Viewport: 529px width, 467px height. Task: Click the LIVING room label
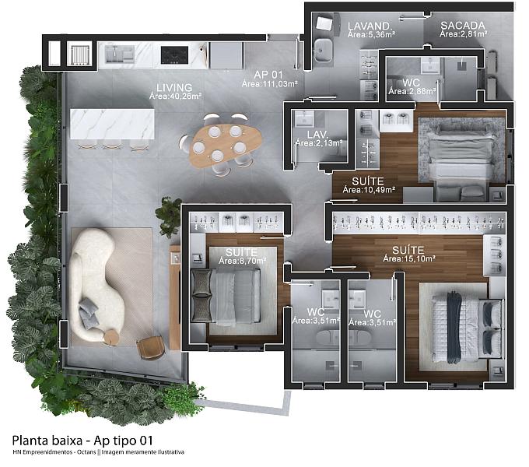tap(174, 87)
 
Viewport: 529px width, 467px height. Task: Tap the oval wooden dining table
tap(225, 145)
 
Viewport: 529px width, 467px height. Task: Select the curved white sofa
tap(94, 284)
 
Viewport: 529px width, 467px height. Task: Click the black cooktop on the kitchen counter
tap(174, 55)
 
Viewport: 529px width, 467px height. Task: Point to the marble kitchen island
tap(112, 124)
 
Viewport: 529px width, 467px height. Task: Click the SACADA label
tap(463, 26)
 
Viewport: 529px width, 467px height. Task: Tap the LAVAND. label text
tap(370, 26)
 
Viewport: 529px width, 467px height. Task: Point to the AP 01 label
tap(268, 75)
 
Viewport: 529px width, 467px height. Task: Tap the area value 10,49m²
tap(379, 190)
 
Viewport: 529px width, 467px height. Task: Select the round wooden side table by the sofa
tap(111, 337)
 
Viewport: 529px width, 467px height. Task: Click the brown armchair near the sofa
tap(151, 348)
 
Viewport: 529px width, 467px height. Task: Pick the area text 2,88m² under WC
tap(421, 91)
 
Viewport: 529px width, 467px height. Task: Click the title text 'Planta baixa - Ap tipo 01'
tap(82, 441)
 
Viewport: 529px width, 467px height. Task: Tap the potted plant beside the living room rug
tap(169, 216)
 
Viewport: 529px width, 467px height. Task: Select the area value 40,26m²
tap(184, 97)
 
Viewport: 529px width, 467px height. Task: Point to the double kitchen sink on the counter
tap(119, 54)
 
